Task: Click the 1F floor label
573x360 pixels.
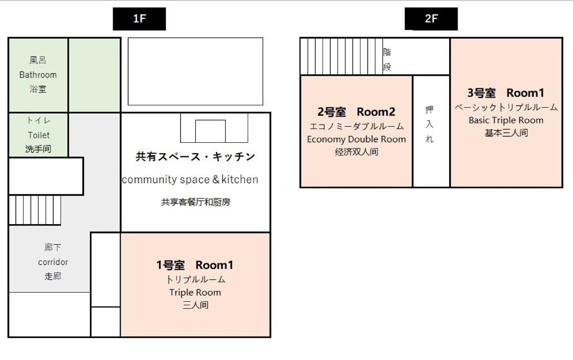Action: [x=139, y=18]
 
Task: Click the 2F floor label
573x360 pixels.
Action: [x=431, y=18]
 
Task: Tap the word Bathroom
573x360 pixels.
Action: [x=38, y=75]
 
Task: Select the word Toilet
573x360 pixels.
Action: [x=39, y=135]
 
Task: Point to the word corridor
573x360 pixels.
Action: [x=53, y=262]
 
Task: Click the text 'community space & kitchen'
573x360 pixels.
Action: [x=190, y=180]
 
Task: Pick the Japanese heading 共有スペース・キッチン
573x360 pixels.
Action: [x=195, y=157]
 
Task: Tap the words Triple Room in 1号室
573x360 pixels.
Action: [x=195, y=293]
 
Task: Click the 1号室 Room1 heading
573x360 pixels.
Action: [x=195, y=265]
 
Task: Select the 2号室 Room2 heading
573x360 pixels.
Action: [x=356, y=112]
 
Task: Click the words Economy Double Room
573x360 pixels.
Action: [x=356, y=139]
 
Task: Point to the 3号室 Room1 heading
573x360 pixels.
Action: [x=506, y=93]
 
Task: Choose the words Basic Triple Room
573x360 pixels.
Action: [x=506, y=120]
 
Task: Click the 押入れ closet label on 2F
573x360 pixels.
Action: [x=430, y=124]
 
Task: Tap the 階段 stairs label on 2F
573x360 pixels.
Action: [x=388, y=59]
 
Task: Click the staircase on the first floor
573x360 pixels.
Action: [x=35, y=210]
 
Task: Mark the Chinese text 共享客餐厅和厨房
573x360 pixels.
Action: [x=195, y=202]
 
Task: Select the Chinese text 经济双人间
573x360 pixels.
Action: [x=356, y=152]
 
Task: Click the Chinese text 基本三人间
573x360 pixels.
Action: [x=506, y=133]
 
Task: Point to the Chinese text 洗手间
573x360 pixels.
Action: [x=39, y=149]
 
